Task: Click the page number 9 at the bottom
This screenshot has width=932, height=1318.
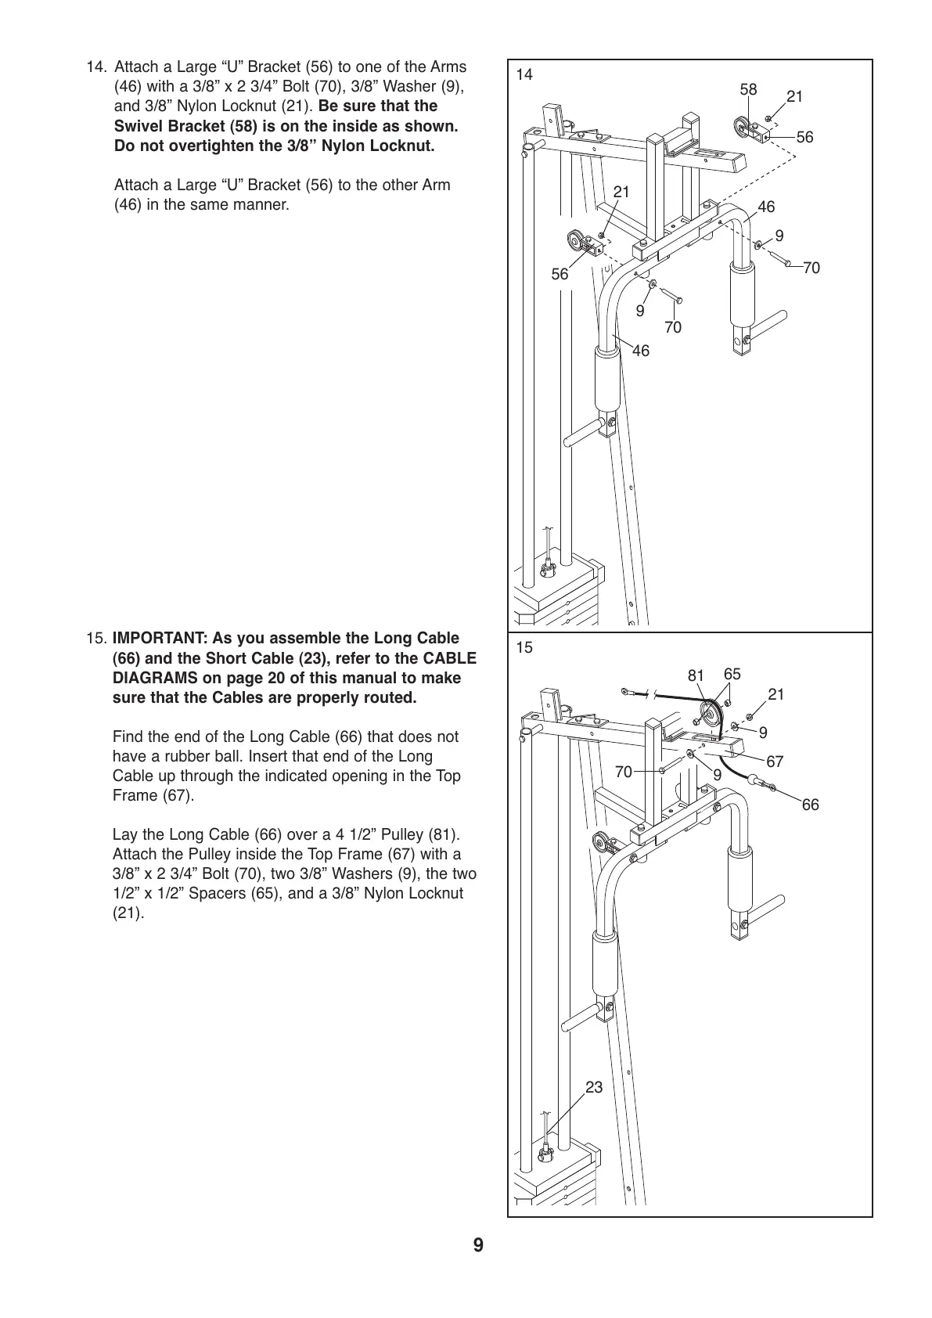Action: [x=477, y=1245]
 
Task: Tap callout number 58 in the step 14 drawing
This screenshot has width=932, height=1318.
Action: [x=748, y=90]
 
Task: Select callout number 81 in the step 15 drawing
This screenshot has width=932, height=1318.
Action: [x=696, y=675]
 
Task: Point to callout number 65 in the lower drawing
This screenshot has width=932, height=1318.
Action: [x=732, y=674]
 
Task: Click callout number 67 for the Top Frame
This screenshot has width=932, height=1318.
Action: [x=775, y=761]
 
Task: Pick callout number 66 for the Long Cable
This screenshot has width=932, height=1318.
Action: [x=810, y=805]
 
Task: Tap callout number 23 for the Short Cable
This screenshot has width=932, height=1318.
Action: [x=594, y=1087]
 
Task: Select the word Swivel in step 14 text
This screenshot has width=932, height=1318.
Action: [x=138, y=126]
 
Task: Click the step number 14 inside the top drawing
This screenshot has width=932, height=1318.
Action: [x=524, y=75]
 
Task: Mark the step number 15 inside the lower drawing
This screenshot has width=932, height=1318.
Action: [x=524, y=648]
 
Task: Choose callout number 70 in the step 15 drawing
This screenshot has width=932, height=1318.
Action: [x=623, y=772]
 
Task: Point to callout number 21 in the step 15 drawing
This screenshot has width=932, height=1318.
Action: [x=775, y=694]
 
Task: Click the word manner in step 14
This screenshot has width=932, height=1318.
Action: [x=264, y=205]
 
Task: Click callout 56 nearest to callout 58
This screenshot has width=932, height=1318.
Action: [x=804, y=137]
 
